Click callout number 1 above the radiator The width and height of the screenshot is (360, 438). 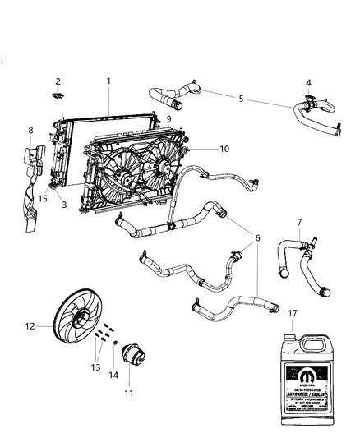(108, 81)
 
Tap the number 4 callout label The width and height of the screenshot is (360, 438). (308, 82)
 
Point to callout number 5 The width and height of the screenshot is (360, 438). (240, 99)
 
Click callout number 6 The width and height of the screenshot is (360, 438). (257, 237)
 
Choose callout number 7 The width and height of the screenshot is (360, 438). (299, 221)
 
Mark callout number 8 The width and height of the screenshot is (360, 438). (31, 130)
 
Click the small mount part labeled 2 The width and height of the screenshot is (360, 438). (58, 98)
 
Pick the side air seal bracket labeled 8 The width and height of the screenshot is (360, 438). (35, 181)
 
